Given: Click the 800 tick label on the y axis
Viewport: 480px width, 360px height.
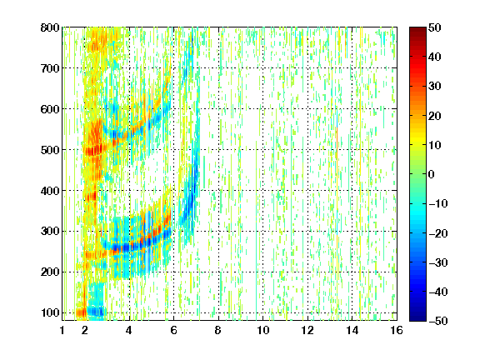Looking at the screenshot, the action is [x=50, y=27].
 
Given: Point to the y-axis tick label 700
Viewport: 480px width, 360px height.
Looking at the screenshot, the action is [x=50, y=68].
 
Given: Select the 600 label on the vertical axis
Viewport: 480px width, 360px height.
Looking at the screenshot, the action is [x=50, y=109].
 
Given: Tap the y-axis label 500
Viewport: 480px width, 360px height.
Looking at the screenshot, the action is [x=50, y=150].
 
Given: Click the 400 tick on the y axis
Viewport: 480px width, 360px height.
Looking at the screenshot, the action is [x=50, y=191].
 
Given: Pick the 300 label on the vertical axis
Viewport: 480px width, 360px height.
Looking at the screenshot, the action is [x=50, y=232].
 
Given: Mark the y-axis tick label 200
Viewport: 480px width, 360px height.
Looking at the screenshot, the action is [x=50, y=272].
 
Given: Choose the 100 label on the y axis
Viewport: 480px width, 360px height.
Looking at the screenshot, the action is [x=50, y=312].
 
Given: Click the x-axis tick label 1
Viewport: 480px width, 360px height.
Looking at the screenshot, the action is [x=62, y=330].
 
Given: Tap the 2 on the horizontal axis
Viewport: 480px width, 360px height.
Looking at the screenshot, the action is [x=85, y=330].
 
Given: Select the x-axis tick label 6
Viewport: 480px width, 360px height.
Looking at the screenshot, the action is [x=173, y=330].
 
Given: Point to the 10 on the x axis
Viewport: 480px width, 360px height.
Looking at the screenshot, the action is [x=263, y=330].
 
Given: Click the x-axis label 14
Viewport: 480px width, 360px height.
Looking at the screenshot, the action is [x=352, y=330].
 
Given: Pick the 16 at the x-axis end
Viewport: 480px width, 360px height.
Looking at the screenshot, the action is [x=397, y=330].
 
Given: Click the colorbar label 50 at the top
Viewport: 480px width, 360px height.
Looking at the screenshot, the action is [x=435, y=27].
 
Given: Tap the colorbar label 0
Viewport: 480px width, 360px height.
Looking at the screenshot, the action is [x=432, y=174].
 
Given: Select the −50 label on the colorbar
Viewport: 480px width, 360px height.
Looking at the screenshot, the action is [x=438, y=321].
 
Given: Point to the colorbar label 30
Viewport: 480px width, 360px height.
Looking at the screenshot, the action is [x=435, y=87].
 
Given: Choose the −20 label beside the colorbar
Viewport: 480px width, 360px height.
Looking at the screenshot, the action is [x=438, y=233].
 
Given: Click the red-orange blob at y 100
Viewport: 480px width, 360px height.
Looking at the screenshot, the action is [x=82, y=312].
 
